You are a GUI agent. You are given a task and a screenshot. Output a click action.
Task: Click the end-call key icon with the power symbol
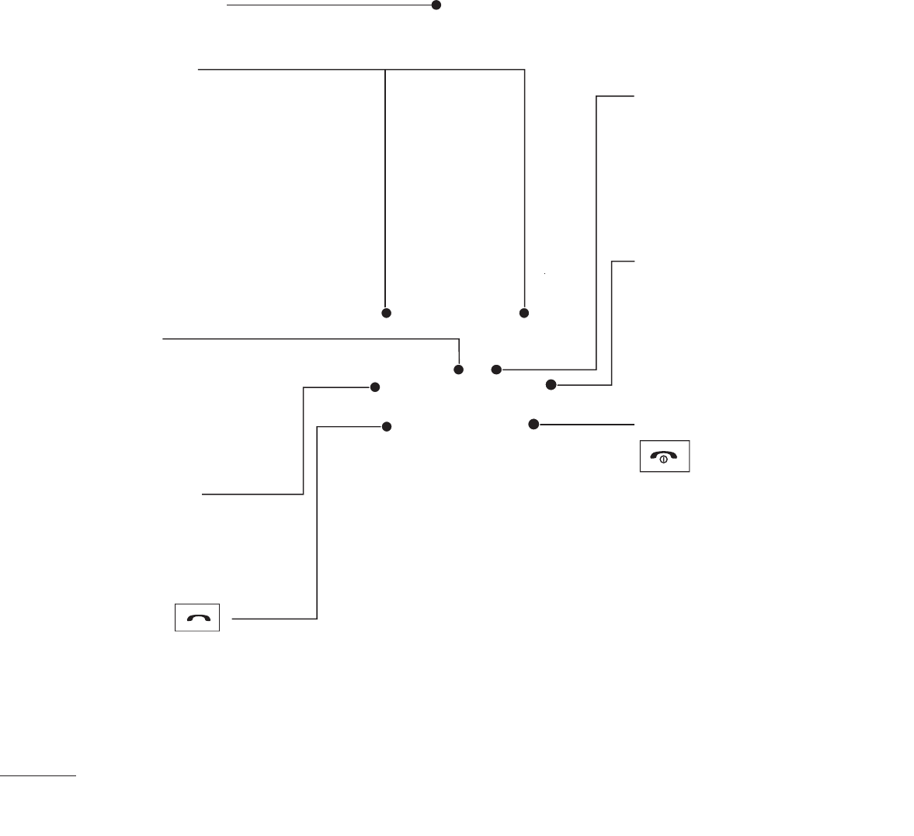coord(665,457)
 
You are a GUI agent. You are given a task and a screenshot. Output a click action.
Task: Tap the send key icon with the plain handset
coord(197,618)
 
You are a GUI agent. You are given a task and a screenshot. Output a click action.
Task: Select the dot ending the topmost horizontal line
coord(436,5)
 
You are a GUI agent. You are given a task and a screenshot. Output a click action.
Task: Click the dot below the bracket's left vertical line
coord(385,313)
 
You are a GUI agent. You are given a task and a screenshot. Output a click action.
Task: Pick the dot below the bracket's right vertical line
coord(524,313)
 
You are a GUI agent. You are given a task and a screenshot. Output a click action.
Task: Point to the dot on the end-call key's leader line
coord(533,424)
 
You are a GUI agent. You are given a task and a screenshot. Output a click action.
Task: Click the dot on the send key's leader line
coord(386,427)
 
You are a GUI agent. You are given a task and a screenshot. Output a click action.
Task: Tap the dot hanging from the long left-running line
coord(459,369)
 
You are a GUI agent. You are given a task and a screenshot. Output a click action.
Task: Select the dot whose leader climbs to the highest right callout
coord(496,369)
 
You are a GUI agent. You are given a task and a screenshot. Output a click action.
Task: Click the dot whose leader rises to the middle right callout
coord(551,384)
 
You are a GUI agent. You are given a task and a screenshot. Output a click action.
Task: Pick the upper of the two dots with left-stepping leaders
coord(374,387)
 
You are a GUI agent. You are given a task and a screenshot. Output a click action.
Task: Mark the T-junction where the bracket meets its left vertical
coord(385,70)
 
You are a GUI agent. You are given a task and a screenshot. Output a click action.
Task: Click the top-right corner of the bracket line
coord(525,70)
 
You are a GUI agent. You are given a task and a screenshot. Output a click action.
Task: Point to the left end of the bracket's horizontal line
coord(199,70)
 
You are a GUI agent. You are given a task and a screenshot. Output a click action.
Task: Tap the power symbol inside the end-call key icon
coord(664,460)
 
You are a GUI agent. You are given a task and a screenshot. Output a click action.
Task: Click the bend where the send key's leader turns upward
coord(318,619)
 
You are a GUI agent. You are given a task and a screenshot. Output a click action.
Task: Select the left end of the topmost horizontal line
coord(228,5)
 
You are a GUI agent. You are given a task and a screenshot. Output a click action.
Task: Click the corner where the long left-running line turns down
coord(460,339)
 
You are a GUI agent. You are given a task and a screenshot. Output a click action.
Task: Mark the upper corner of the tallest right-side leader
coord(596,97)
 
